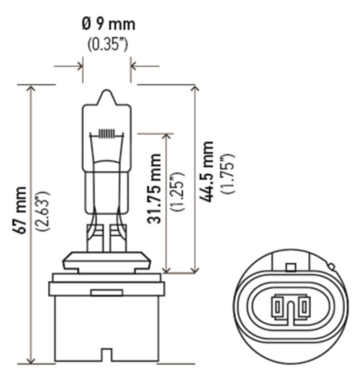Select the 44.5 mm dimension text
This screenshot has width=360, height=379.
click(207, 171)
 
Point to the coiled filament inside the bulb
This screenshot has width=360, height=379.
click(107, 134)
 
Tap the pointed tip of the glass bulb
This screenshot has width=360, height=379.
click(107, 92)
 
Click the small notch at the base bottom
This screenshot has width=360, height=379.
click(107, 355)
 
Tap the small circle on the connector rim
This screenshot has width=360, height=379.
click(332, 266)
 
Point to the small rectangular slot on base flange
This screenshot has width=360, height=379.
click(107, 293)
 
